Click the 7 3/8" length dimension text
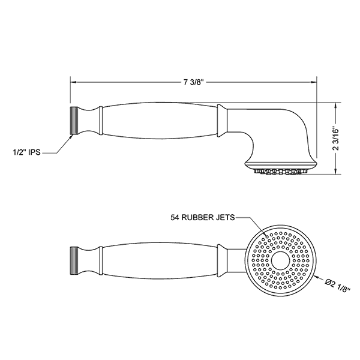pos(194,82)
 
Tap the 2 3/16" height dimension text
pos(336,139)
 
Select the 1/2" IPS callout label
pos(26,152)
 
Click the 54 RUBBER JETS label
pos(203,217)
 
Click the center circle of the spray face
pos(280,260)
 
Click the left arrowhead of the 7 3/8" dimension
pos(73,82)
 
